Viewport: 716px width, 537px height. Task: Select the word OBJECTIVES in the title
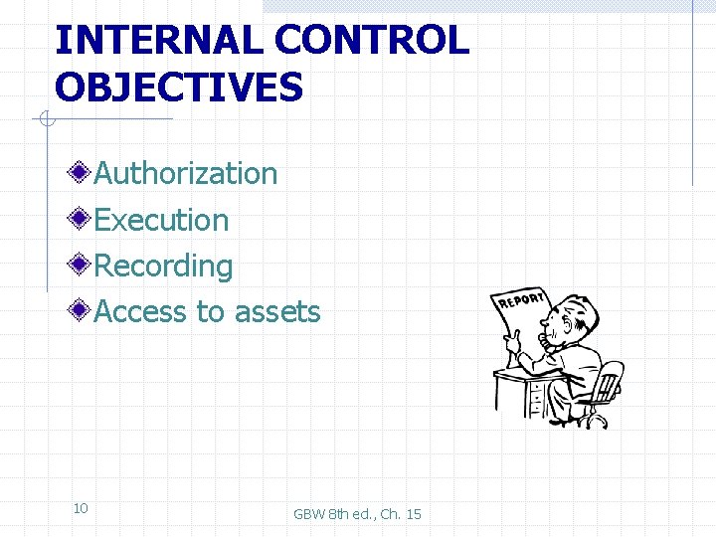point(179,88)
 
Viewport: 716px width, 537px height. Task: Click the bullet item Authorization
point(186,173)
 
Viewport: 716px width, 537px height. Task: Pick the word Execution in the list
point(161,220)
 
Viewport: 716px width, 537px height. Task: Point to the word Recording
point(163,266)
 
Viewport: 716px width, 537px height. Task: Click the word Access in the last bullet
point(140,311)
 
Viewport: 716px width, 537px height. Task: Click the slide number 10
point(81,508)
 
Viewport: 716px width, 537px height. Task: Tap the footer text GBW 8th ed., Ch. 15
point(357,514)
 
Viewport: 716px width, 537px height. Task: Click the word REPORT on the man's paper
point(521,299)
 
